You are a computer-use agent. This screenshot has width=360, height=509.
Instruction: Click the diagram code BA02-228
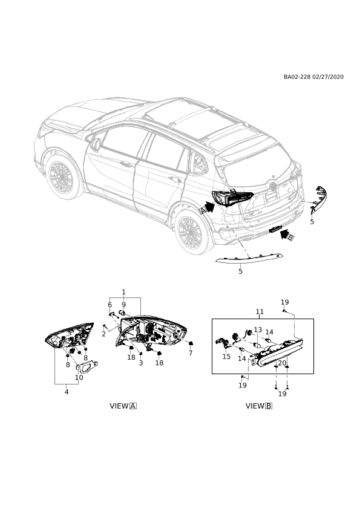point(297,77)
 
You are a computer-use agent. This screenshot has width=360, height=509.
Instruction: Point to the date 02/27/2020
point(328,77)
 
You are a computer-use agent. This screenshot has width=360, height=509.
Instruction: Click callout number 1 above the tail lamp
point(124,292)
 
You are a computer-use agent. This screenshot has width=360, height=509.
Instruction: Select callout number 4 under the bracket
point(67,392)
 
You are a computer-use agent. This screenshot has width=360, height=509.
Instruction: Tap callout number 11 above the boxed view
point(260,312)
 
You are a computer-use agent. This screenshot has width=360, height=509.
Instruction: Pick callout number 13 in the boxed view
point(258,330)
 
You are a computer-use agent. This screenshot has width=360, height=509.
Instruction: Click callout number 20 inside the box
point(282,363)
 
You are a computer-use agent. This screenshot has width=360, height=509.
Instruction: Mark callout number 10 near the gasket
point(79,378)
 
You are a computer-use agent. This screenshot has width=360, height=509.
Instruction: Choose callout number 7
point(191,353)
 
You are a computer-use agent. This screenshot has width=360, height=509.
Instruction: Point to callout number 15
point(226,357)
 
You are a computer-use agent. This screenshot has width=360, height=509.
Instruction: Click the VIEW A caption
point(123,406)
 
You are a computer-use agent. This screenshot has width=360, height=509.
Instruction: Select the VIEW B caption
point(259,406)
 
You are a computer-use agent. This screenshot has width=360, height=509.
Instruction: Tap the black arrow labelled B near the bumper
point(286,234)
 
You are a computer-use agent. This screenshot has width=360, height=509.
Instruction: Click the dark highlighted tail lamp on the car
point(232,198)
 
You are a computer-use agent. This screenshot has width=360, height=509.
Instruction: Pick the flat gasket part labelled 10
point(87,367)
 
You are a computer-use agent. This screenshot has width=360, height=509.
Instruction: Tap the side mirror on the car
point(96,144)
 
